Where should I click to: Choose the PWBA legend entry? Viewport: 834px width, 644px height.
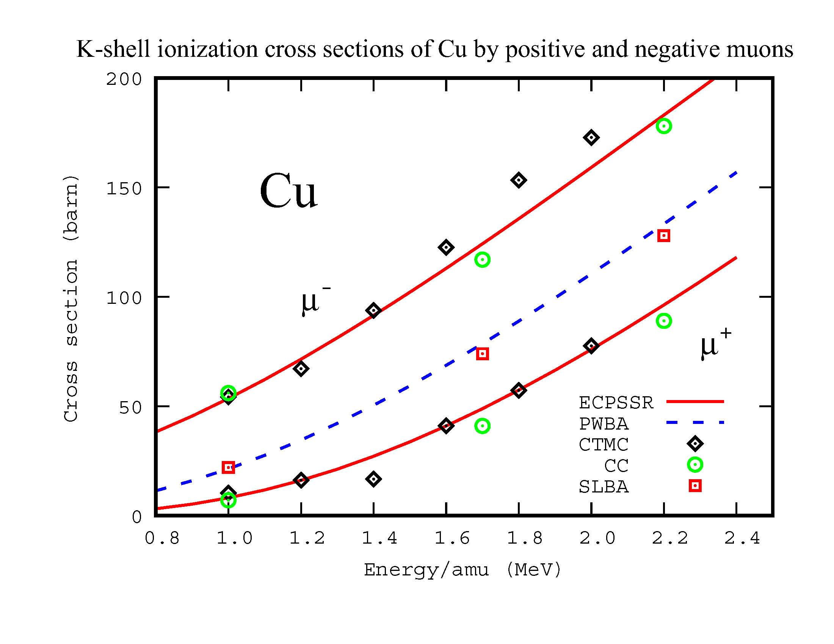coord(604,424)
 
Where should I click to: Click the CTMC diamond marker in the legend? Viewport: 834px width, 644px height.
coord(695,444)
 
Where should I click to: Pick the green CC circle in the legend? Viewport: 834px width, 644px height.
coord(695,465)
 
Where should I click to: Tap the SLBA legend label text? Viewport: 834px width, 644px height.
coord(604,487)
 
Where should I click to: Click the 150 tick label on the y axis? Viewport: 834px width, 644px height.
coord(124,189)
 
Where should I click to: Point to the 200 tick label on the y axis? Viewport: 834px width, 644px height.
coord(124,79)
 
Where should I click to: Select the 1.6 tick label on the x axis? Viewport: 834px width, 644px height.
coord(452,538)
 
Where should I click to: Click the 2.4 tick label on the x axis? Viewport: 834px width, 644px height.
coord(742,538)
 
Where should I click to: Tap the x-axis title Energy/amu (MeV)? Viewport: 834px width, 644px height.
coord(462,570)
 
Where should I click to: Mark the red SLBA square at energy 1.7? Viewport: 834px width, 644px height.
coord(482,354)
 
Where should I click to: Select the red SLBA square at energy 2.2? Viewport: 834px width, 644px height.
coord(664,236)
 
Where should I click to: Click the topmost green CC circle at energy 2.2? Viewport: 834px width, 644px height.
coord(664,126)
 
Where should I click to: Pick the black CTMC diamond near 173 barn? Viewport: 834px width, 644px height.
coord(591,138)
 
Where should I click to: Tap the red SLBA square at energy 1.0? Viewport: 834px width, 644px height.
coord(228,467)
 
